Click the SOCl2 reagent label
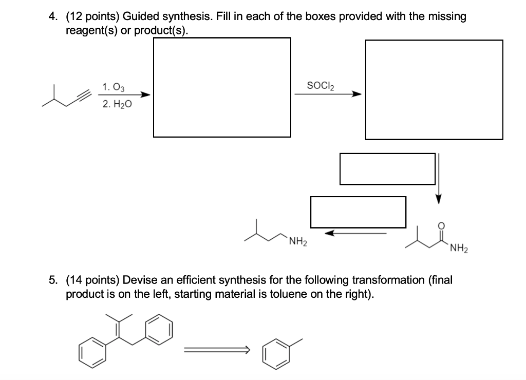coord(320,85)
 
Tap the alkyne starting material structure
coord(67,98)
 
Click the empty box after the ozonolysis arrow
coord(222,87)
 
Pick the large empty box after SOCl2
coord(434,89)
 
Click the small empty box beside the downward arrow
coord(387,169)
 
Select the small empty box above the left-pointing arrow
coord(358,212)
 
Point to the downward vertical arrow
coord(438,178)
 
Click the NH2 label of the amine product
coord(297,242)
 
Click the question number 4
coord(52,17)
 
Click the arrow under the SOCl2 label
coord(327,94)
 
